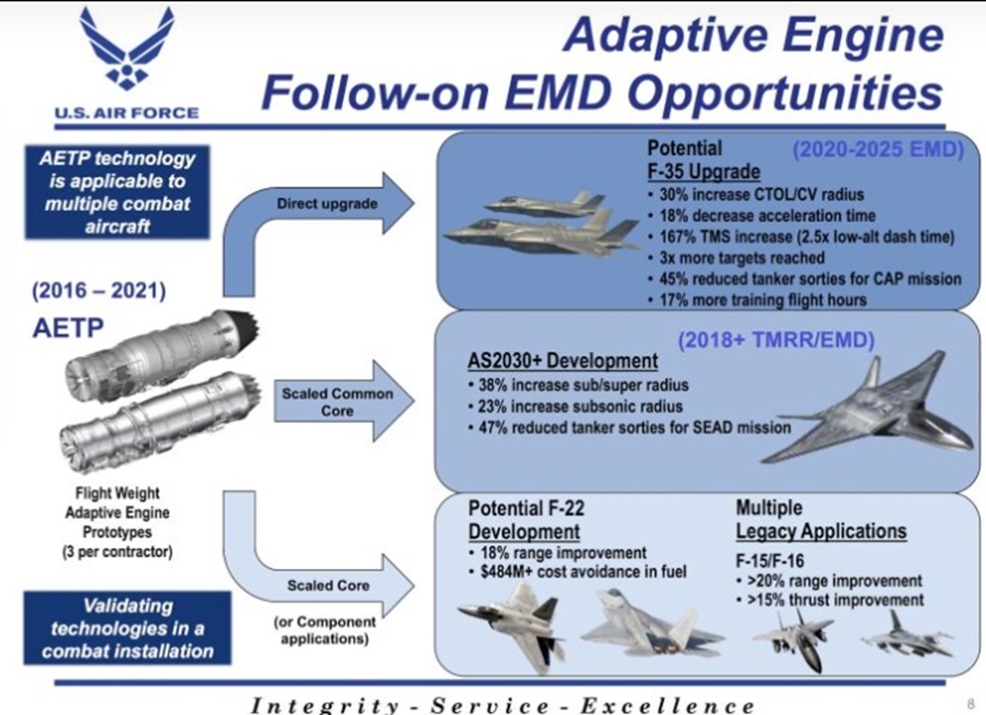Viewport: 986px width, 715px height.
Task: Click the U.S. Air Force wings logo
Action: click(126, 49)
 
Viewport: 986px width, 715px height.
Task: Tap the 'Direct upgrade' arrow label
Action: click(327, 204)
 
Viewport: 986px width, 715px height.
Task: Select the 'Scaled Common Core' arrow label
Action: click(337, 401)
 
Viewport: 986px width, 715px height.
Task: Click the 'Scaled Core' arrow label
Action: click(327, 586)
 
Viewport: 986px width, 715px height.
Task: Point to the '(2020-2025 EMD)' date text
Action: click(878, 150)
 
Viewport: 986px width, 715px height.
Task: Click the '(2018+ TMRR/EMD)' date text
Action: click(776, 339)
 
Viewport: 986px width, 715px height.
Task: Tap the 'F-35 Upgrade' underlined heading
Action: click(704, 171)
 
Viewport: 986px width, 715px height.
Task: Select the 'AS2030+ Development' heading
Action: click(563, 361)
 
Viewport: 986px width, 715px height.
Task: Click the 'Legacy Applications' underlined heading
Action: click(821, 532)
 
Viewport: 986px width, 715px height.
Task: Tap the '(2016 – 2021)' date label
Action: click(100, 291)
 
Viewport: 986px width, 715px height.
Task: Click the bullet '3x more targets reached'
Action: click(741, 257)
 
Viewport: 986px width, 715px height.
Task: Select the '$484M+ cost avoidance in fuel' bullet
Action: click(578, 572)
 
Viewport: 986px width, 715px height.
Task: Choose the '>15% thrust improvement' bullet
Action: click(830, 600)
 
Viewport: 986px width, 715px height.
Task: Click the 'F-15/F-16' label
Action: click(770, 561)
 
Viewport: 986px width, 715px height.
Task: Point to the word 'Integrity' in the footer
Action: click(324, 705)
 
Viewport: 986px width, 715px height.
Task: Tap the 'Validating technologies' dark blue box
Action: click(127, 628)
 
